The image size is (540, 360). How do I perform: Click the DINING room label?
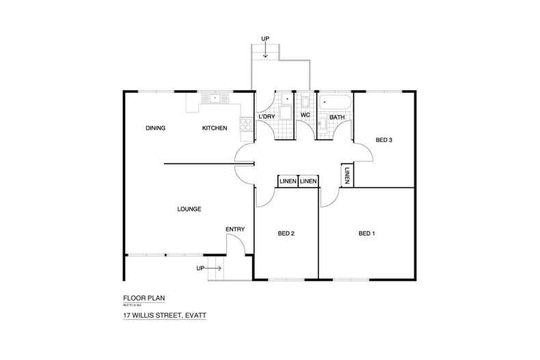(x=158, y=128)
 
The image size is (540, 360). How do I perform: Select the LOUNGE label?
(x=188, y=209)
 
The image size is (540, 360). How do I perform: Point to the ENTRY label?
(x=235, y=229)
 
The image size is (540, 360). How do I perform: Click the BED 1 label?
(x=366, y=234)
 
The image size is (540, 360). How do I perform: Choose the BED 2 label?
(x=286, y=234)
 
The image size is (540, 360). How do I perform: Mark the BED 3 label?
(x=383, y=140)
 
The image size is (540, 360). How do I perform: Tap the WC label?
(x=306, y=117)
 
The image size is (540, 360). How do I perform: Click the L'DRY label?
(x=267, y=117)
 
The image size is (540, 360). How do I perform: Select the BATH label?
(x=337, y=117)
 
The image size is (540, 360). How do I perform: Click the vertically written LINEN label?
(x=347, y=176)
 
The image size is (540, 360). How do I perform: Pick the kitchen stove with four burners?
(x=243, y=125)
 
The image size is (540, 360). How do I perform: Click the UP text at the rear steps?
(x=265, y=38)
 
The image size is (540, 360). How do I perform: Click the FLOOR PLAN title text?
(x=144, y=298)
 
